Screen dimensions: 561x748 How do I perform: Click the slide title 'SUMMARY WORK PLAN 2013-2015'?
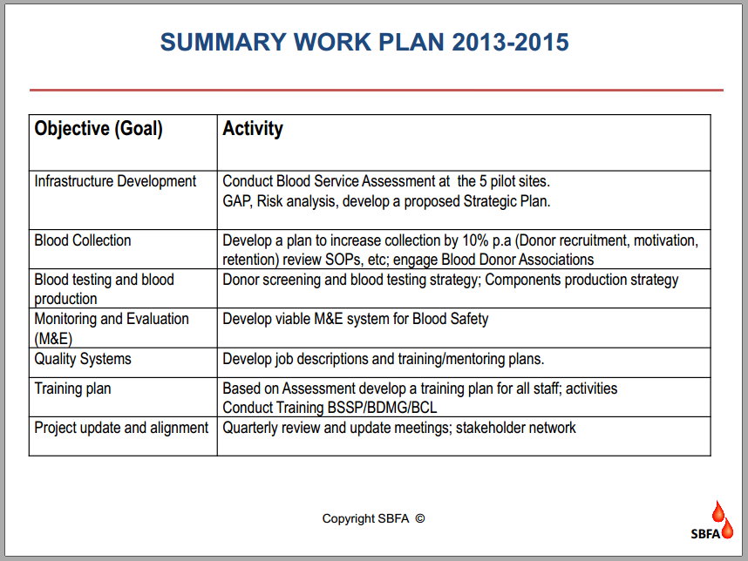pos(364,42)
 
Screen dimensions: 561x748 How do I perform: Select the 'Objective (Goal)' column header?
pos(99,129)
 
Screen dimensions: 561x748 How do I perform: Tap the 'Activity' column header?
pos(253,129)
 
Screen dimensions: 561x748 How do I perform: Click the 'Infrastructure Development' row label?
pos(115,181)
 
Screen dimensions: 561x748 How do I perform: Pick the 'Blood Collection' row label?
pos(83,240)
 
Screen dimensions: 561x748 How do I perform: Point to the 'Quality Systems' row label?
pos(83,359)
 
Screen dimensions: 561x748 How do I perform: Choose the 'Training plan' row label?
pos(72,389)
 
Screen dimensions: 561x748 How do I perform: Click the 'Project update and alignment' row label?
pos(121,428)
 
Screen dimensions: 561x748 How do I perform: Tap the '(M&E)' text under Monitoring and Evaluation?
pos(53,337)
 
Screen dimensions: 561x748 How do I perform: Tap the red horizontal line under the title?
pos(376,90)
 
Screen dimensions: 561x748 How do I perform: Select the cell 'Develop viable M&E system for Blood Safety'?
pos(356,319)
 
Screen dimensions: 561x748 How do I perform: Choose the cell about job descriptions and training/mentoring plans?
pos(384,359)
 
